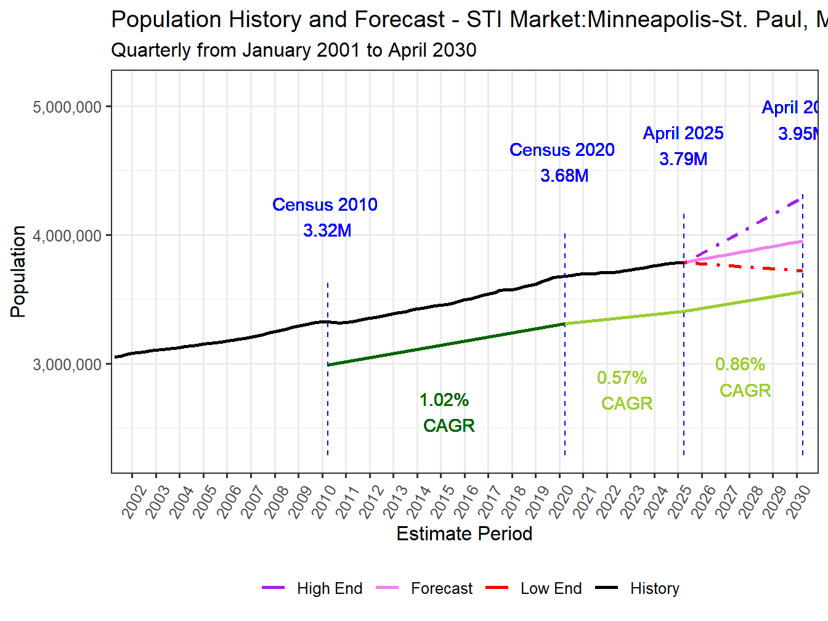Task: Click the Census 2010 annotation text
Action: (325, 205)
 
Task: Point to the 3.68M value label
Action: (564, 176)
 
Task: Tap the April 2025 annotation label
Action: (683, 133)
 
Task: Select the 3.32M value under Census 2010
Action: (327, 230)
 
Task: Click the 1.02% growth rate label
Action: (444, 400)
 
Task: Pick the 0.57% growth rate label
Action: (622, 378)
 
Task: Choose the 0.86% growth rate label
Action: (740, 364)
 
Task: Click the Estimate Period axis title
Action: (464, 534)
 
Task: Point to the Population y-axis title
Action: (18, 271)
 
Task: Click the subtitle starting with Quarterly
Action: (293, 50)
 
